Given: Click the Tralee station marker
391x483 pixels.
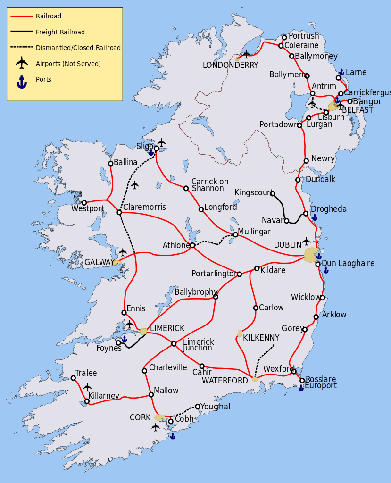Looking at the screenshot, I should [x=73, y=378].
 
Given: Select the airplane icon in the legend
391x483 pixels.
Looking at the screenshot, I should [x=22, y=63].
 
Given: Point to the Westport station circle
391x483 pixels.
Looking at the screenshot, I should [x=84, y=203].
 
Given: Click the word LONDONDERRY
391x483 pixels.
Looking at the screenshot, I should [x=230, y=65].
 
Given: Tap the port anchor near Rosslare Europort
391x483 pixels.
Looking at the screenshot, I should [x=301, y=388].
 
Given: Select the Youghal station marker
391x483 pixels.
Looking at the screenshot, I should [x=198, y=407].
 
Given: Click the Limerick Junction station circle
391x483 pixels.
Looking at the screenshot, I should [x=174, y=344].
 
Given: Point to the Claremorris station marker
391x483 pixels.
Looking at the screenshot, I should [x=119, y=212].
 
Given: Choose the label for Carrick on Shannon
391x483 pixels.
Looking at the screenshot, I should [x=209, y=185].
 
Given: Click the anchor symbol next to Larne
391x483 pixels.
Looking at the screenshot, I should [x=341, y=72].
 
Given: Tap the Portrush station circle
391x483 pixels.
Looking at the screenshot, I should [x=284, y=37].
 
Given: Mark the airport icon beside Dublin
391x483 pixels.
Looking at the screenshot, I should [x=307, y=241].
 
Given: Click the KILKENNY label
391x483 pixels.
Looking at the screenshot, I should [x=261, y=338].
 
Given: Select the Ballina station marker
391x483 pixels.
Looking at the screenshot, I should [x=110, y=164].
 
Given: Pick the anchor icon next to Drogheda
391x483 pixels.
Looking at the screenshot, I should [x=315, y=217].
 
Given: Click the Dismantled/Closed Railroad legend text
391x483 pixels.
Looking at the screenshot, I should [x=78, y=48].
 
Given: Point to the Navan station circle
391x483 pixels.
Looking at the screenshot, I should [x=286, y=221].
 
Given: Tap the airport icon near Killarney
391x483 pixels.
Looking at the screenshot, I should [x=87, y=387].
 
